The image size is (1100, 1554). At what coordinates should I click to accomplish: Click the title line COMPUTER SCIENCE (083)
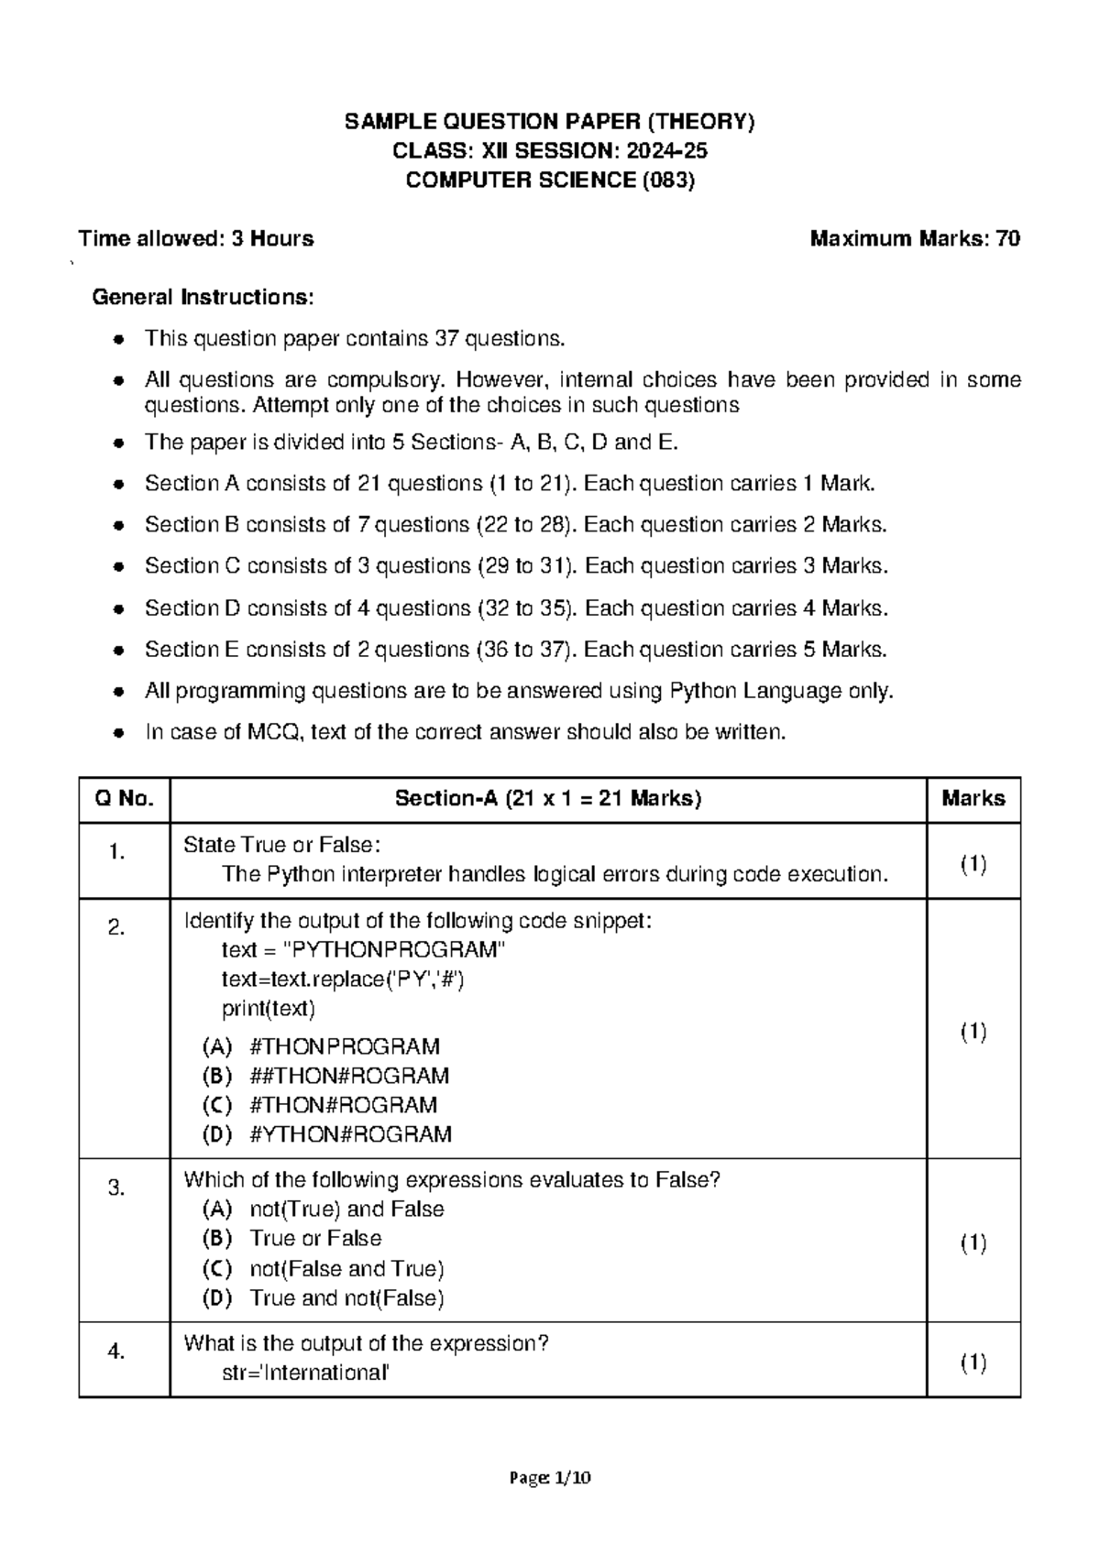[550, 181]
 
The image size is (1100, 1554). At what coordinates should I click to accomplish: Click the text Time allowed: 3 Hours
[196, 239]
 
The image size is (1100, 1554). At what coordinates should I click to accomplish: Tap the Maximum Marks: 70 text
[914, 239]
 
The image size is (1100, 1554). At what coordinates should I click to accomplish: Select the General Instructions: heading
[203, 297]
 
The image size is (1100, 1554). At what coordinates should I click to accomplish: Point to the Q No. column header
[124, 798]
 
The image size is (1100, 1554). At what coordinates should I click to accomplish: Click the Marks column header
[973, 798]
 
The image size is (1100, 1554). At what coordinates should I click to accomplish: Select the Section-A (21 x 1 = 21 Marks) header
[547, 798]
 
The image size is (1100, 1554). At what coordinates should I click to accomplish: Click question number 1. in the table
[116, 852]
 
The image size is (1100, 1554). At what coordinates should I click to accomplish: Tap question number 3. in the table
[116, 1188]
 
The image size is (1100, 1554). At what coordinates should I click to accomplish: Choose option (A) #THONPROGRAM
[321, 1046]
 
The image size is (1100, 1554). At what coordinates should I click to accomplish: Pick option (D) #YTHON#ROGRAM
[326, 1134]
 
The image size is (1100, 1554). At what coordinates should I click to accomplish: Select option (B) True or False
[291, 1239]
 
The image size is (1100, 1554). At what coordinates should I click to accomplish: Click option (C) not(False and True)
[323, 1269]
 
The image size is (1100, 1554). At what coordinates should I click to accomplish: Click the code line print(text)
[268, 1009]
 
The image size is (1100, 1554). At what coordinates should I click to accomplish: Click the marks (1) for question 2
[973, 1032]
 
